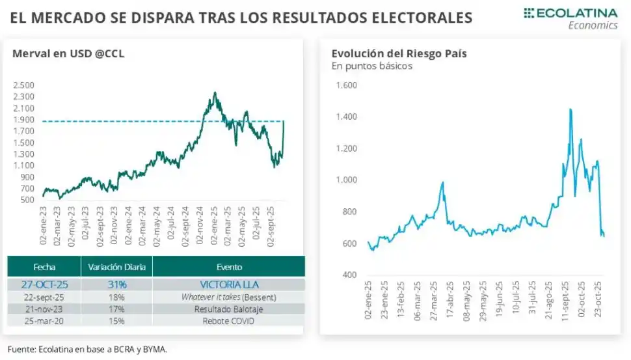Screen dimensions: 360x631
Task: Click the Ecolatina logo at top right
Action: [x=571, y=18]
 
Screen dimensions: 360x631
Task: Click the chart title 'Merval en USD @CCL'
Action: [x=68, y=54]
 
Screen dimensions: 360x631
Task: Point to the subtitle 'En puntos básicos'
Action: [x=371, y=66]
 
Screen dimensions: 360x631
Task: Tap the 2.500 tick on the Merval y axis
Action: [x=23, y=85]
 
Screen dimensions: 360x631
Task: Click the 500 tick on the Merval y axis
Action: [x=27, y=200]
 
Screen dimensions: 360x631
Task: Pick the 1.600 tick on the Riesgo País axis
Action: [x=346, y=85]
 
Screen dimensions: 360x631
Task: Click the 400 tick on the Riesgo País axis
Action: [x=349, y=275]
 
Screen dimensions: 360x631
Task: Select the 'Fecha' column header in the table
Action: [x=44, y=267]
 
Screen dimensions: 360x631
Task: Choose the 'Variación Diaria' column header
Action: [x=116, y=267]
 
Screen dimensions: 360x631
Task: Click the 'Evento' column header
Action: [x=228, y=267]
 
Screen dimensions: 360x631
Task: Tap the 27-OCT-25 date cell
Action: [x=44, y=284]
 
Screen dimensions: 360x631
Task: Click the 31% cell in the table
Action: [x=116, y=284]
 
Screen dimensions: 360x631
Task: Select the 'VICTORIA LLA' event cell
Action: [x=228, y=284]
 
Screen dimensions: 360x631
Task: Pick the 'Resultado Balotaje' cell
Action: [x=228, y=309]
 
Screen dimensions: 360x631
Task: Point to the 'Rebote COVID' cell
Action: [x=228, y=321]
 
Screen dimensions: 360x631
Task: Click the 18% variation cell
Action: [x=116, y=297]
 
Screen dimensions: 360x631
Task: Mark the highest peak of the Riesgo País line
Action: [x=571, y=109]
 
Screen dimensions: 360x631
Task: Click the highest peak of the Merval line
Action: [x=215, y=93]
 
